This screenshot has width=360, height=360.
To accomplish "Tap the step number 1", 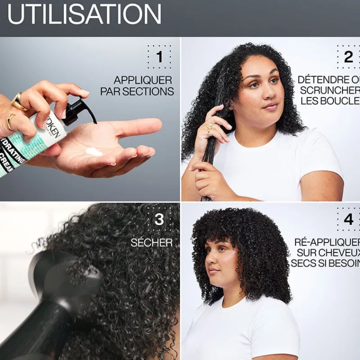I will click(x=159, y=57).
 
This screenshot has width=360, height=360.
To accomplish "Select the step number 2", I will click(x=348, y=57).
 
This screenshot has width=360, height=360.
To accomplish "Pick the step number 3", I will click(x=159, y=219).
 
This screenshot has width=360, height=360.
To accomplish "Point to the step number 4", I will click(x=348, y=220).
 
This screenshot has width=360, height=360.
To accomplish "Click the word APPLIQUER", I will click(x=143, y=81).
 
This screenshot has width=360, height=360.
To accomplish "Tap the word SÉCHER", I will click(x=152, y=243).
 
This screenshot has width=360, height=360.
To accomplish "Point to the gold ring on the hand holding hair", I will click(x=209, y=128).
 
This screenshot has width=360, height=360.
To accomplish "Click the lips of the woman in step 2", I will click(x=270, y=106).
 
